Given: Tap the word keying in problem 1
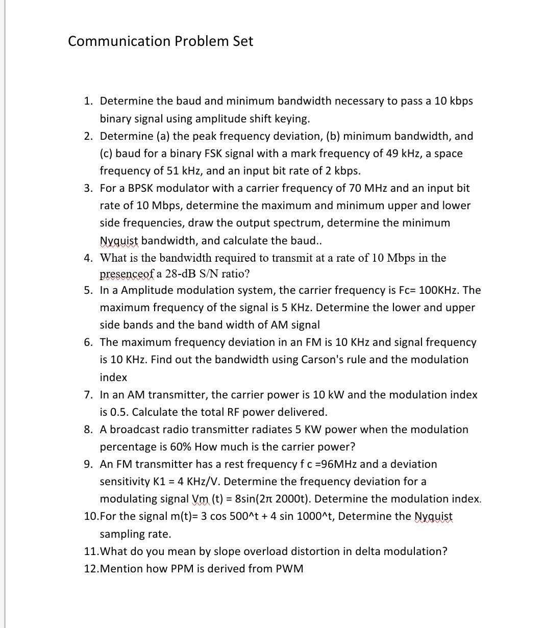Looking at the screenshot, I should [291, 119].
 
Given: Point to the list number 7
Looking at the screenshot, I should [88, 394].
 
